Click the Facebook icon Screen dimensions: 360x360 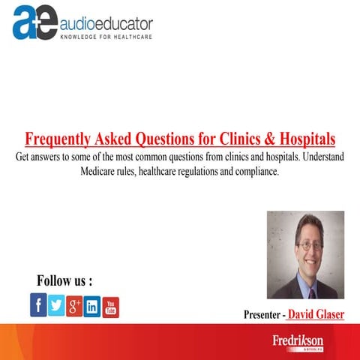[38, 304]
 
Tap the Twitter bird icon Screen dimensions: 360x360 [56, 304]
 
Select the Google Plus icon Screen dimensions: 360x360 [74, 305]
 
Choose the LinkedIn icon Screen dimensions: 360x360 [92, 306]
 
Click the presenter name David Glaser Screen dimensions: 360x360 [316, 314]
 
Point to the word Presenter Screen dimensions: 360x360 [264, 315]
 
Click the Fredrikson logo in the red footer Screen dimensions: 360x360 [297, 341]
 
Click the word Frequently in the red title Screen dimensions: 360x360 [57, 140]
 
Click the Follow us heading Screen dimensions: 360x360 [64, 280]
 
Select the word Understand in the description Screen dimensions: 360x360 [320, 158]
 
